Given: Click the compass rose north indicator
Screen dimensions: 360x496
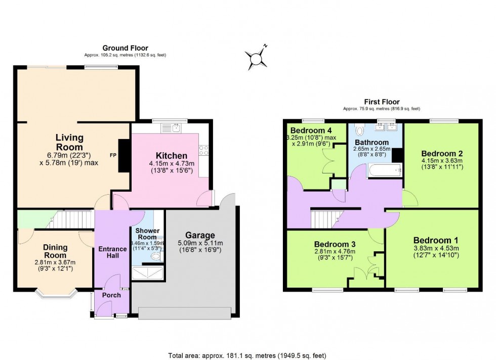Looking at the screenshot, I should tap(258, 57).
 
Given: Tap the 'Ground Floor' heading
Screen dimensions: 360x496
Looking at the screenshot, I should tap(125, 48).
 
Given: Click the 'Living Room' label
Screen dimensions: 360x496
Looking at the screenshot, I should tap(69, 142).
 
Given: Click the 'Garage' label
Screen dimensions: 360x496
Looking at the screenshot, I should tap(200, 235).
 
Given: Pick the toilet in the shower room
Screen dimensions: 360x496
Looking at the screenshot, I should tap(156, 257).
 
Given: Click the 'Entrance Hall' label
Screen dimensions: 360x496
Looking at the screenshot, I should tap(112, 252).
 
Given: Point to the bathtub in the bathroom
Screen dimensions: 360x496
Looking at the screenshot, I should tap(384, 170).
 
